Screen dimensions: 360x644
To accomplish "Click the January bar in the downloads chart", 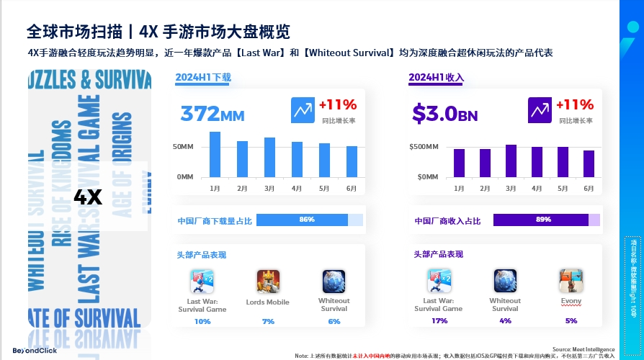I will [x=215, y=154].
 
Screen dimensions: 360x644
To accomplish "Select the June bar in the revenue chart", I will [x=589, y=163].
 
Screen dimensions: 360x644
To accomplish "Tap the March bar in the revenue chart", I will [x=511, y=161].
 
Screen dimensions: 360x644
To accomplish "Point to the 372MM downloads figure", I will [x=213, y=113].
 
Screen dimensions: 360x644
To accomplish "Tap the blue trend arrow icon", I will [x=303, y=110].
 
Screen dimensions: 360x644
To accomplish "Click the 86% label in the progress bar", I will [x=307, y=220].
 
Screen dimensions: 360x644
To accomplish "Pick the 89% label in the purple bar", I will [x=543, y=220].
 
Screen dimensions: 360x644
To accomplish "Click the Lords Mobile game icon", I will [x=268, y=281].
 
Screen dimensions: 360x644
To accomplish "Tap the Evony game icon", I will [x=571, y=281].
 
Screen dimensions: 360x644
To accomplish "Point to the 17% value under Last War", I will [x=439, y=321].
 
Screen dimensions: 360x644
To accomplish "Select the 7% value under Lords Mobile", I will [x=268, y=321].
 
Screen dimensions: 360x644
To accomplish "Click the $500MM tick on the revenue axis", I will [x=424, y=147].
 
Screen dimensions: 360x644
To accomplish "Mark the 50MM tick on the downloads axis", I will [x=183, y=147].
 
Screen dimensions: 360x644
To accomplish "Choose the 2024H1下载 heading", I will [x=204, y=77].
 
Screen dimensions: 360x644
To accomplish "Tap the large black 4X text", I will [x=89, y=197].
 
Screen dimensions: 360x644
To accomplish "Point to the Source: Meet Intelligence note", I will [x=583, y=349].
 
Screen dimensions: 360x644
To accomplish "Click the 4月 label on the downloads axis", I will [x=296, y=189].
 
